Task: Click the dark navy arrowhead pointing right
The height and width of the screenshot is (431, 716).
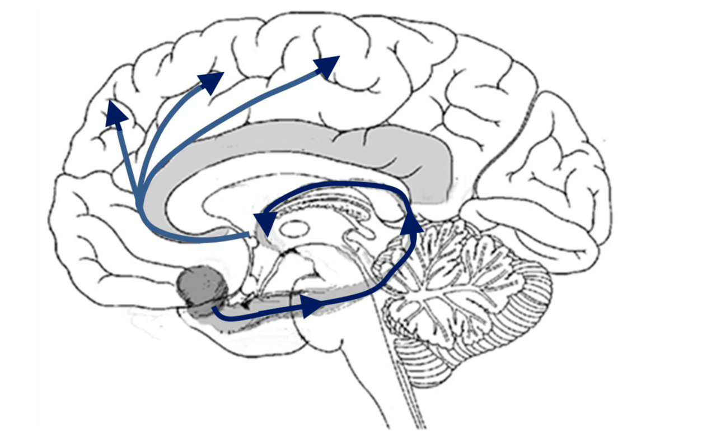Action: [311, 307]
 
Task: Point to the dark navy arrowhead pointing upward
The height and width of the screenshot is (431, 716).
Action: [413, 223]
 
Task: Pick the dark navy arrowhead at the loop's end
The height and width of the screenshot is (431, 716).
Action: [265, 222]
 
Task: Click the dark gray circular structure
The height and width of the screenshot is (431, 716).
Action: [202, 285]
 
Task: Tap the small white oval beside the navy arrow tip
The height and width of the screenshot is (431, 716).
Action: [294, 228]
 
